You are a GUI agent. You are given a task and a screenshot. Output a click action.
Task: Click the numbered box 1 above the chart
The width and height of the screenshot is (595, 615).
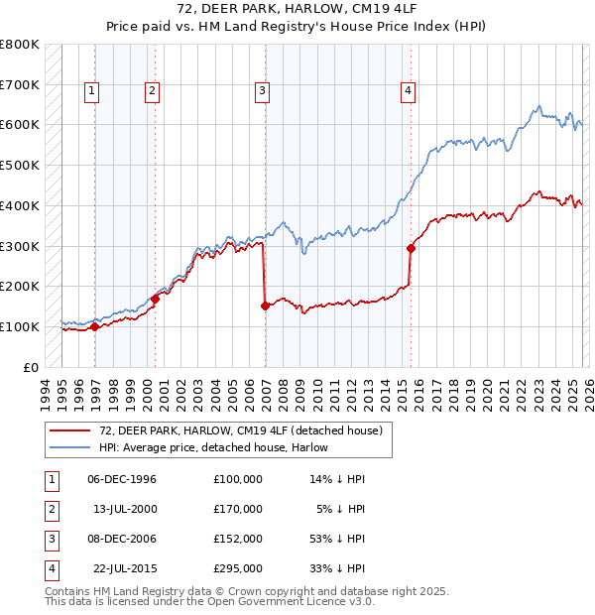tap(91, 91)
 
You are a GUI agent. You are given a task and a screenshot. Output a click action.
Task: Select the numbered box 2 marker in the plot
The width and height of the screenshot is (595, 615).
tap(152, 91)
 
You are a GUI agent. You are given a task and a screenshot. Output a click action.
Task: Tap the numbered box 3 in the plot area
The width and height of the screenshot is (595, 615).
tap(262, 91)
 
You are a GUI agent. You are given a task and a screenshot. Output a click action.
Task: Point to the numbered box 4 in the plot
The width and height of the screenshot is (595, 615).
tap(408, 91)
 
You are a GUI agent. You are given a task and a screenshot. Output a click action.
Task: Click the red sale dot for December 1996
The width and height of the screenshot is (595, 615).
tap(94, 326)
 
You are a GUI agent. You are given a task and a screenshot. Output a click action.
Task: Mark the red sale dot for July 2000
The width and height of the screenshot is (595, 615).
tap(155, 298)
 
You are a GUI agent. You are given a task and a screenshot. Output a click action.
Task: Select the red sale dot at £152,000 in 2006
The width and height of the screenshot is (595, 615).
tap(265, 306)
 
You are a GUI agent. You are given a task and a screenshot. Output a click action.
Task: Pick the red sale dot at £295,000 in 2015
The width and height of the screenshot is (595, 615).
tap(411, 248)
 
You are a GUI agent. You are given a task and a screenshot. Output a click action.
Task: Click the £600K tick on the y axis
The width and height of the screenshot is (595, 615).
tap(20, 125)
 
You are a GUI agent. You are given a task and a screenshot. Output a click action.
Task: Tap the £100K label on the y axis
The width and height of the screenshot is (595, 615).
tap(20, 326)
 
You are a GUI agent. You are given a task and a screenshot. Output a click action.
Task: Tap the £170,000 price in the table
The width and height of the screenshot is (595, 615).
tap(237, 509)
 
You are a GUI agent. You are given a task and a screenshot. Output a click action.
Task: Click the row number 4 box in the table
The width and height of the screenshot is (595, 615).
tap(50, 568)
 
